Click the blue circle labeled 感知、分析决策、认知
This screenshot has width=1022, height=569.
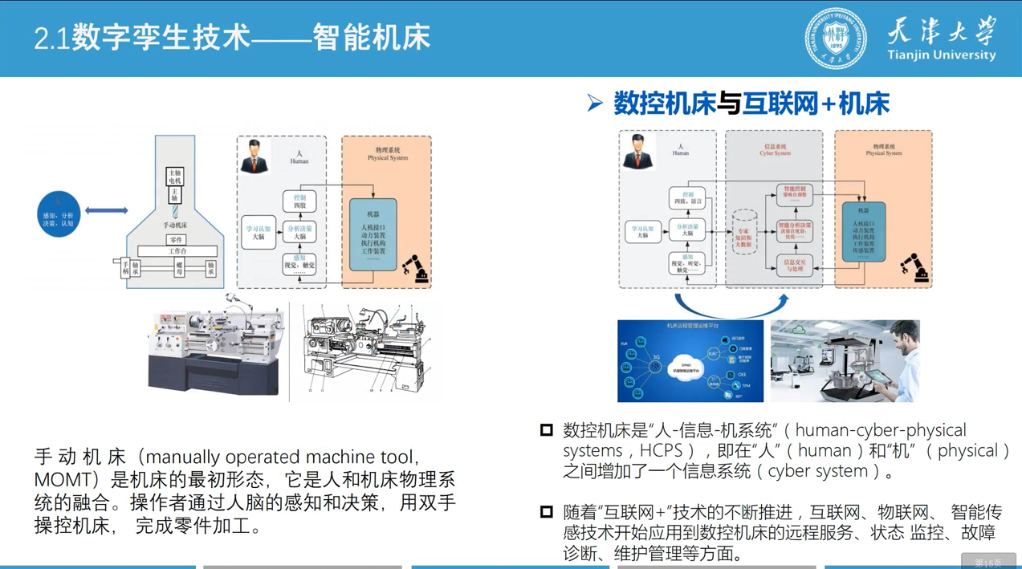[59, 214]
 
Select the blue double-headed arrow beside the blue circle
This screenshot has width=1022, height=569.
[106, 210]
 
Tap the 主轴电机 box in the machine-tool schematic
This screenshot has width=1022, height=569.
[175, 176]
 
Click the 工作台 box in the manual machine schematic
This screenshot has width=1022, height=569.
[177, 251]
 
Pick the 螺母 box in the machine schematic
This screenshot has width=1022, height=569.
[180, 269]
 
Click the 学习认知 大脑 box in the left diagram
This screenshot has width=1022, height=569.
[259, 233]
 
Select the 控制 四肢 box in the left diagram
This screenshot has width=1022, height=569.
[299, 201]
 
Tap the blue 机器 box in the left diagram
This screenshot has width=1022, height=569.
[373, 236]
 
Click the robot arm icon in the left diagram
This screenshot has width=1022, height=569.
[416, 269]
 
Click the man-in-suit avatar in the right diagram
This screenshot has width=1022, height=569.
[638, 151]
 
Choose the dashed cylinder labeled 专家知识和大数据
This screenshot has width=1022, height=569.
[743, 232]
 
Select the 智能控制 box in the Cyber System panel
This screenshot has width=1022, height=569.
[794, 193]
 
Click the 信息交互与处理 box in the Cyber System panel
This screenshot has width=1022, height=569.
[794, 266]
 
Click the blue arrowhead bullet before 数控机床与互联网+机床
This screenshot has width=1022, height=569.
[595, 103]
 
